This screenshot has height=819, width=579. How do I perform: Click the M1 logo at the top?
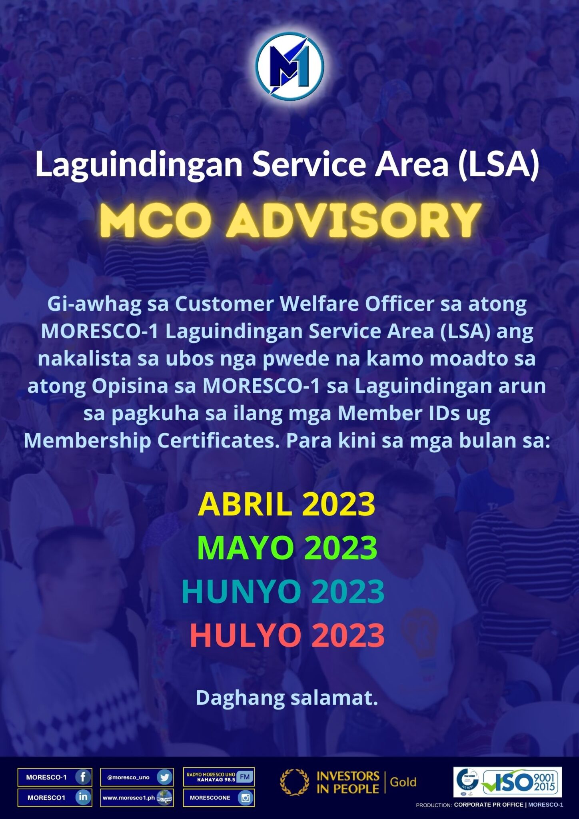point(289,66)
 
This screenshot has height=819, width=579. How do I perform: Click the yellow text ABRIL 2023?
point(286,504)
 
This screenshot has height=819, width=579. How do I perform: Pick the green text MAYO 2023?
point(287,548)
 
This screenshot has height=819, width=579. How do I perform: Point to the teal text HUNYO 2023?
point(283,591)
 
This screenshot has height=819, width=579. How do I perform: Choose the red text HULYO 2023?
point(287,635)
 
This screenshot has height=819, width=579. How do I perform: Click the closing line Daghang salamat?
point(287,698)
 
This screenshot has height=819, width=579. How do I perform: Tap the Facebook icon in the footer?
point(83,777)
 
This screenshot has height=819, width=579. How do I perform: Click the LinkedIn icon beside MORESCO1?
point(83,797)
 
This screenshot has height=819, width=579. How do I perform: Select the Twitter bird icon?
point(164,777)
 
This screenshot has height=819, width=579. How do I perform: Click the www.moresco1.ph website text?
point(128,797)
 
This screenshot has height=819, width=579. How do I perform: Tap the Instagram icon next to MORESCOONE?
point(245,798)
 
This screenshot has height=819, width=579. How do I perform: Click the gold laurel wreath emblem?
point(295,782)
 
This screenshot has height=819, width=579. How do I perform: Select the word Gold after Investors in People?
point(403,782)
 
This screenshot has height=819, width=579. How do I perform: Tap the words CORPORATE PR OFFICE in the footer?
point(489,805)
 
